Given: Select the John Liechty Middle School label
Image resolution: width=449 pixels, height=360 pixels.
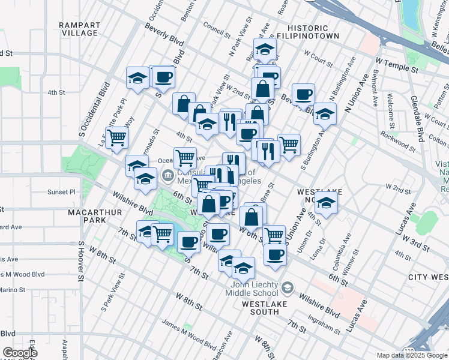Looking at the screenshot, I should point(252,289).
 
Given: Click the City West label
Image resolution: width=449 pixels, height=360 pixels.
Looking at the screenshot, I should point(427,277).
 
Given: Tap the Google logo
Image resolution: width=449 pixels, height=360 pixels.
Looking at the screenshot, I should point(20,353).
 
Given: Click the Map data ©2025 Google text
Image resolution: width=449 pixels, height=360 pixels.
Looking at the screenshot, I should point(412,355).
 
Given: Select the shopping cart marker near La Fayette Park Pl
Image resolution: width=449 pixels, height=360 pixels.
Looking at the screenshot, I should point(117,137).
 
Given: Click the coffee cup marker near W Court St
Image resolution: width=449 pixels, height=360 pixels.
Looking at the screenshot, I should point(304,94).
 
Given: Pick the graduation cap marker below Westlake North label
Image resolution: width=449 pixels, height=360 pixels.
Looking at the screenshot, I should point(327,203).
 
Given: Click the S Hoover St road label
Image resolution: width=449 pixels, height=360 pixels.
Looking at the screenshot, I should point(80,262).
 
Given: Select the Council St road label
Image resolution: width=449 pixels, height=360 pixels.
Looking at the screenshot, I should point(217,30).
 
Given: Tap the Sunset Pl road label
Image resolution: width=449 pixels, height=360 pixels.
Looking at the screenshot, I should point(62,192).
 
